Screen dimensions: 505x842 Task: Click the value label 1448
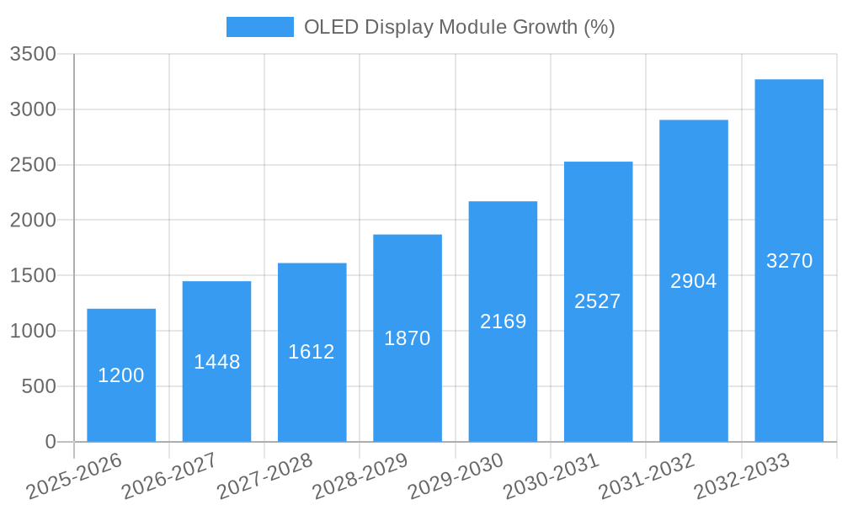(x=217, y=362)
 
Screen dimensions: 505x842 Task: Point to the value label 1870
(x=408, y=338)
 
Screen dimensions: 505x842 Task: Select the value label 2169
(x=503, y=322)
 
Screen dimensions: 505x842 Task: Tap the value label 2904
(x=693, y=281)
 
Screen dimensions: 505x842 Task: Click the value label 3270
(x=789, y=261)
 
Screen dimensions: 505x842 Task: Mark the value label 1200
(x=121, y=375)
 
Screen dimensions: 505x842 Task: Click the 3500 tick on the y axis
(x=33, y=55)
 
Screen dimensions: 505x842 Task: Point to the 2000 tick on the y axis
(x=33, y=221)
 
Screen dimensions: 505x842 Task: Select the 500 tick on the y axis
(x=39, y=387)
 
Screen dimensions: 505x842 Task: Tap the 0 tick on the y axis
(x=51, y=443)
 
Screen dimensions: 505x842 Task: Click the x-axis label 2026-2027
(x=169, y=476)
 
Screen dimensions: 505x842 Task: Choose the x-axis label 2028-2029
(x=360, y=476)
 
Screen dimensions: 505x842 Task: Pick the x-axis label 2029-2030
(x=456, y=476)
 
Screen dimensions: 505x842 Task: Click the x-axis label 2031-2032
(x=647, y=476)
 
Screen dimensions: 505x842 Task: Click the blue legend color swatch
(x=260, y=27)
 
